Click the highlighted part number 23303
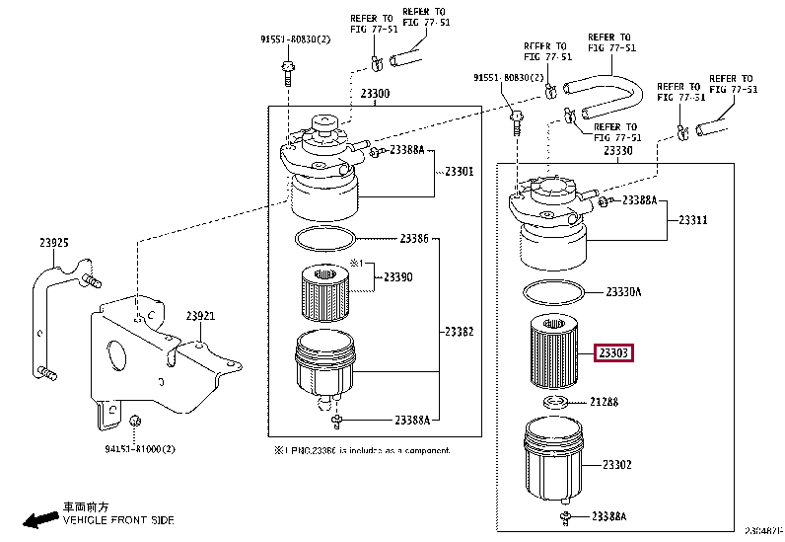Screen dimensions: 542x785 (x=612, y=352)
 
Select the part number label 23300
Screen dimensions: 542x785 (x=375, y=94)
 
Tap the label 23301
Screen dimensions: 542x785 (x=458, y=171)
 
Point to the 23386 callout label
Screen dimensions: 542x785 (x=414, y=239)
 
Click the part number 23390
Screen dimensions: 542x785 (x=397, y=277)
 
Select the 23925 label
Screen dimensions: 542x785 (x=54, y=241)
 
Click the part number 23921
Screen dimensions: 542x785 (x=200, y=315)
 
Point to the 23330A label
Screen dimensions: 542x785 (x=623, y=292)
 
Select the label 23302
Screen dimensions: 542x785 (x=617, y=464)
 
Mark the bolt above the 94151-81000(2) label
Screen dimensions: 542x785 (x=133, y=425)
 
